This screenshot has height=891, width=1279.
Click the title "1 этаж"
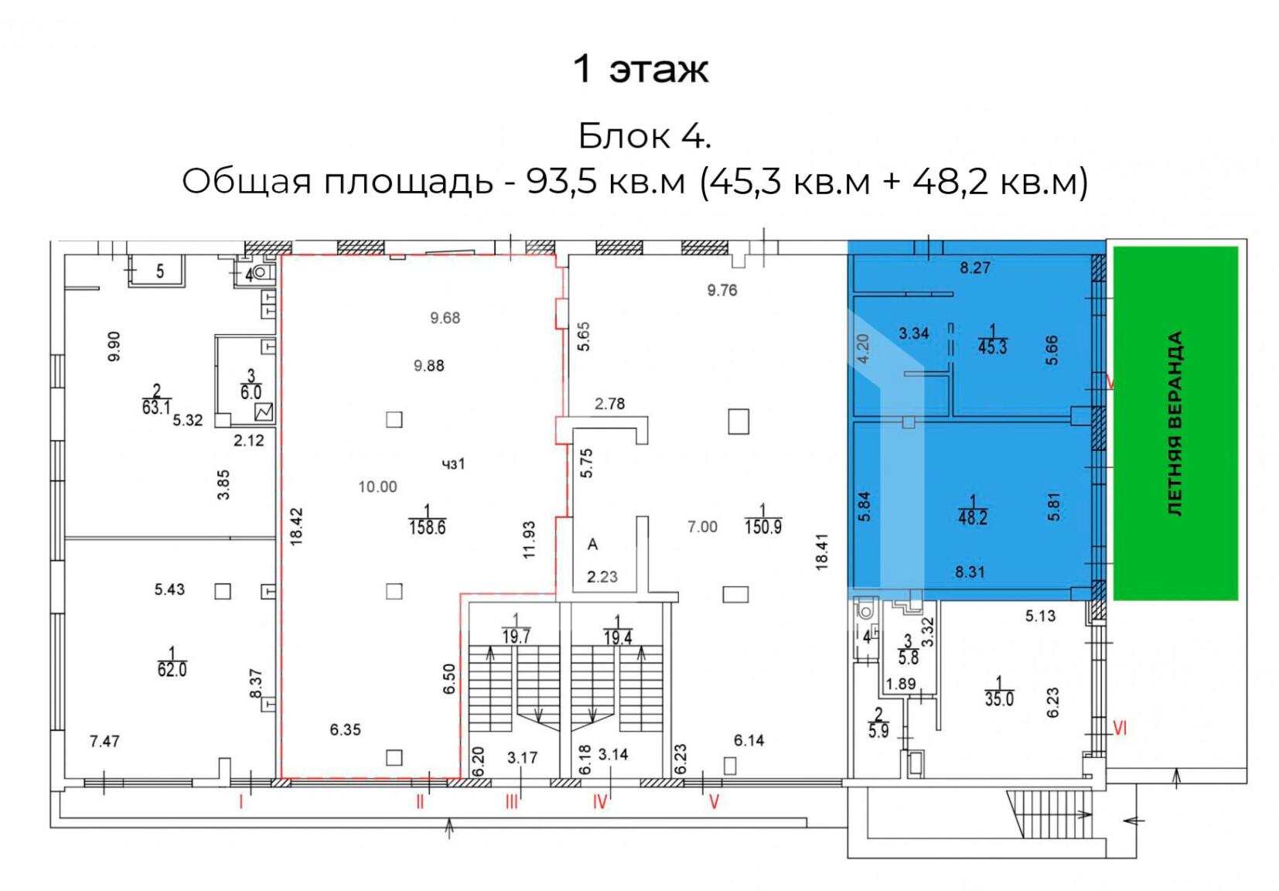pos(640,70)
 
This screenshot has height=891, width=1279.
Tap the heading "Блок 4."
pos(645,136)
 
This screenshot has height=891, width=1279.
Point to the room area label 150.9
pos(762,527)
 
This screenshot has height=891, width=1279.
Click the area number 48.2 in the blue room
pos(972,517)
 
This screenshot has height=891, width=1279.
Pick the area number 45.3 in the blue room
pos(992,347)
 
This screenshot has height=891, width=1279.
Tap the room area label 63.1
pos(156,408)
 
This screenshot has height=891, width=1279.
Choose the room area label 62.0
pos(172,669)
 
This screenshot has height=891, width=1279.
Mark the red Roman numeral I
pos(241,803)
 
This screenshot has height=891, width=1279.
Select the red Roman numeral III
pos(512,803)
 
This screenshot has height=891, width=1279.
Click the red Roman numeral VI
pos(1120,729)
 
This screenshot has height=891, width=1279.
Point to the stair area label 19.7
pos(517,637)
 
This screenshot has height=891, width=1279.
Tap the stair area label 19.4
pos(617,637)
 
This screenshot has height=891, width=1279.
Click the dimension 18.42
pos(296,527)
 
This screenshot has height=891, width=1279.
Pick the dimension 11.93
pos(529,539)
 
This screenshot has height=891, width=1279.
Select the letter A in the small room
pos(592,544)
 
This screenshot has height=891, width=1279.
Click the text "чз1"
pos(453,464)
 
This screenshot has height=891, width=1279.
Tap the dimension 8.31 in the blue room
pos(970,572)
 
